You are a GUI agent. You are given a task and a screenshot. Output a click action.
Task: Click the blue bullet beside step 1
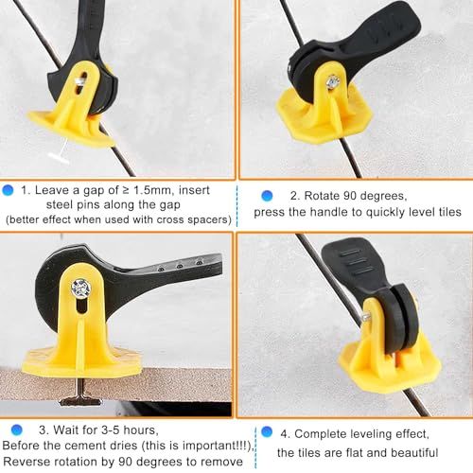click(x=8, y=190)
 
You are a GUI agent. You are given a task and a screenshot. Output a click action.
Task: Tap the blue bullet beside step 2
click(x=267, y=196)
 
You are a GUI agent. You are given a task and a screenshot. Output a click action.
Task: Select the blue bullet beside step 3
click(x=17, y=429)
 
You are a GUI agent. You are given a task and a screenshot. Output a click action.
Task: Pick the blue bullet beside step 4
click(x=267, y=431)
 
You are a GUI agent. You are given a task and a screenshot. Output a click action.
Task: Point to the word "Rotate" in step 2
click(x=322, y=196)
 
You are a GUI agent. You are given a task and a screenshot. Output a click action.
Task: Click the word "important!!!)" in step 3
click(x=219, y=446)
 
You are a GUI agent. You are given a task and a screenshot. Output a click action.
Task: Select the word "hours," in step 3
click(x=141, y=430)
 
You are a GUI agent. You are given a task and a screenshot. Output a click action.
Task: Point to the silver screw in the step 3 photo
click(x=81, y=289)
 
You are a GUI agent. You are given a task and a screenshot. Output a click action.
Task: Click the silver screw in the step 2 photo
click(x=333, y=82)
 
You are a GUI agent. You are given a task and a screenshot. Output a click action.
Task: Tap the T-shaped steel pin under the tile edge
click(x=80, y=394)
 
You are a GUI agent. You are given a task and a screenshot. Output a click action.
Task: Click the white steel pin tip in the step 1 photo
click(x=60, y=153)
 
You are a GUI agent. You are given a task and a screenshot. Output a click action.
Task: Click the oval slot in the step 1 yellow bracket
click(x=81, y=83)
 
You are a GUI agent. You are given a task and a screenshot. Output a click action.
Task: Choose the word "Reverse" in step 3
click(x=25, y=462)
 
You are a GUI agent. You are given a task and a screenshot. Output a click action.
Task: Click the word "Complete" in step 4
click(x=320, y=434)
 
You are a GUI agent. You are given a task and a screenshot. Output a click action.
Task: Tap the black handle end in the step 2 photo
click(x=394, y=26)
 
